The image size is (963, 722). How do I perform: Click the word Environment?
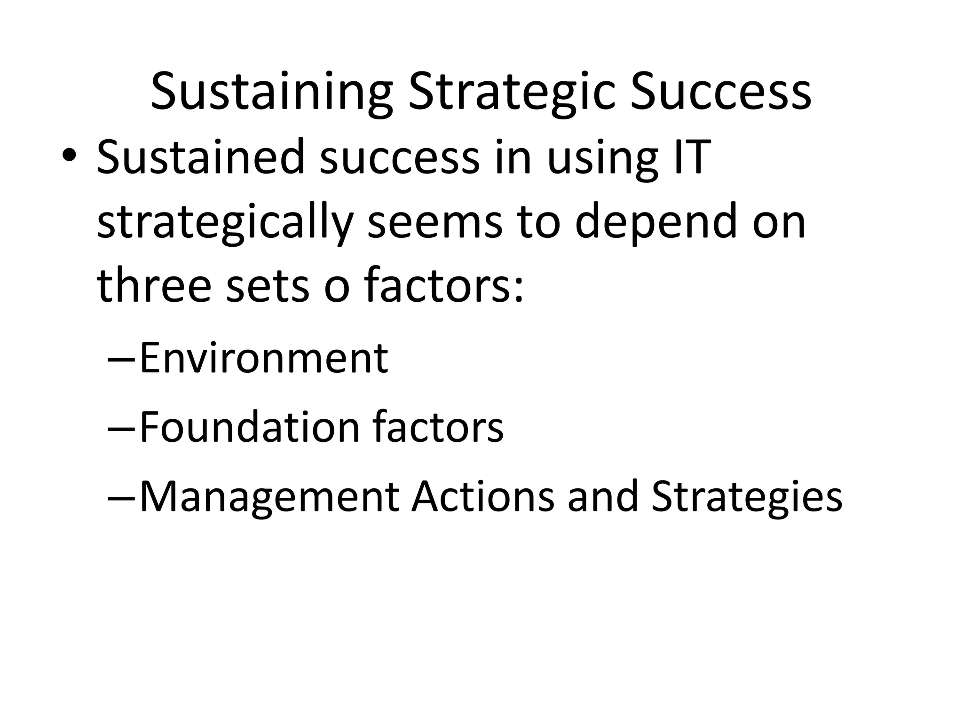click(264, 358)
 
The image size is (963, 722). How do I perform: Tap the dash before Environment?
click(121, 360)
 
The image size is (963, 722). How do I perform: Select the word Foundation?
click(250, 427)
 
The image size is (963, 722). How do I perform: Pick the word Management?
click(269, 497)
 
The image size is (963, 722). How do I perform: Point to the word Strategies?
click(746, 497)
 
